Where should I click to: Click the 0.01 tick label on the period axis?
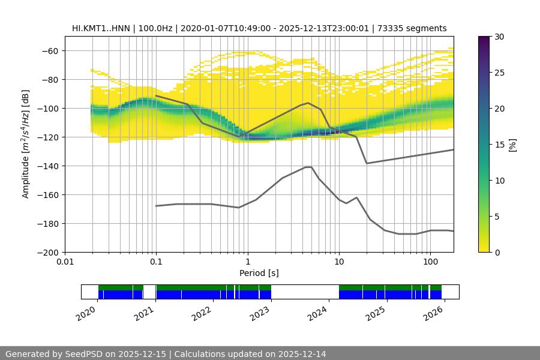[65, 262]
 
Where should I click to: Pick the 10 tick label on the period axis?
[338, 262]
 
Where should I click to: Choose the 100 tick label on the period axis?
[430, 262]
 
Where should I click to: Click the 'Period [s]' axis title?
[259, 273]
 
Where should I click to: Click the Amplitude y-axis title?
[26, 144]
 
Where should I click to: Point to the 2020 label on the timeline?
[88, 311]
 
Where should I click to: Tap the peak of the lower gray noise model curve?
[308, 167]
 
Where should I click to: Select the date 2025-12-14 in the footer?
[302, 354]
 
